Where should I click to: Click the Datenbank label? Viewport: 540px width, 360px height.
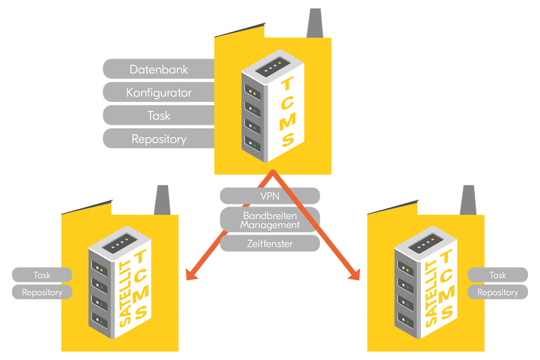(159, 69)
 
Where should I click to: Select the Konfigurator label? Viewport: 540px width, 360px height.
(159, 92)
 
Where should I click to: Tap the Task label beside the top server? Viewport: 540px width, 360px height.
(159, 115)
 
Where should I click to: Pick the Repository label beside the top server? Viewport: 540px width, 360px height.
(159, 139)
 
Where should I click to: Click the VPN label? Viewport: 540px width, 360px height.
(269, 196)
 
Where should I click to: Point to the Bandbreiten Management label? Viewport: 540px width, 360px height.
(269, 220)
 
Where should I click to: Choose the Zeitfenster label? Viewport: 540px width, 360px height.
(269, 244)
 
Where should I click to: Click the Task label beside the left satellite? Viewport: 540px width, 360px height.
(42, 275)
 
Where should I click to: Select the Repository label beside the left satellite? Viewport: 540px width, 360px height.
(42, 292)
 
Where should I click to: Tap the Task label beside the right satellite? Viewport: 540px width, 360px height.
(497, 275)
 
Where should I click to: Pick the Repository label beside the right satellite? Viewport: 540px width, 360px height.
(497, 292)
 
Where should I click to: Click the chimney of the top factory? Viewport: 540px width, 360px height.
(315, 23)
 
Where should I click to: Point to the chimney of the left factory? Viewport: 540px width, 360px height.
(162, 200)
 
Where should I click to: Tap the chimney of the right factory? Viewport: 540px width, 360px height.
(469, 200)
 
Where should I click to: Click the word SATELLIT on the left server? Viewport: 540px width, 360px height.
(125, 293)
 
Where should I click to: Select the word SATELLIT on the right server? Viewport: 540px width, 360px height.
(431, 293)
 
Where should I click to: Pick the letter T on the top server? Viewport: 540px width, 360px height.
(287, 83)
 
